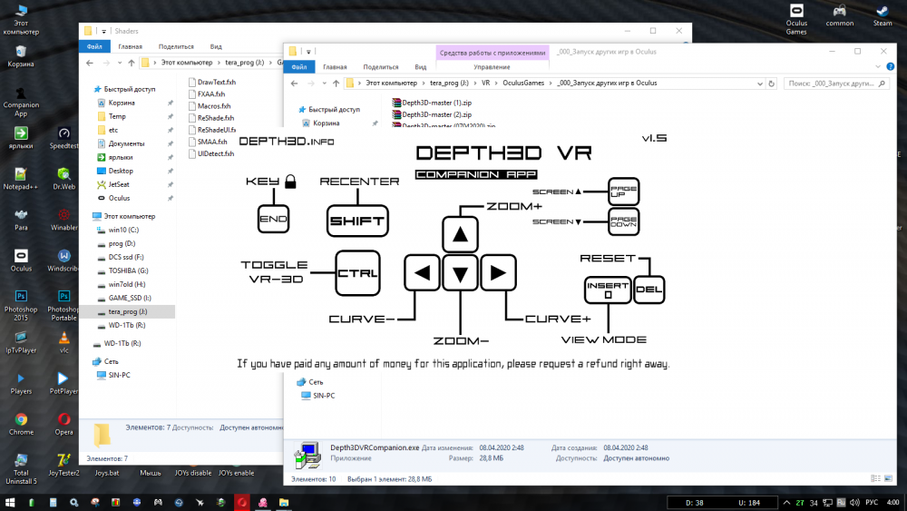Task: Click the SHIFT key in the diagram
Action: point(356,221)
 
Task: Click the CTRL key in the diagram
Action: point(357,273)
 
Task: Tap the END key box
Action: point(272,219)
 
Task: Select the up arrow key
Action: point(460,234)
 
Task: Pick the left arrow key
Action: point(422,272)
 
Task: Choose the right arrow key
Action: point(498,272)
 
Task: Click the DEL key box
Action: point(649,290)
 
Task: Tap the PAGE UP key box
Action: point(624,192)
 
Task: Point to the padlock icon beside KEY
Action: point(290,182)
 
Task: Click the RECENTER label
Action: point(359,182)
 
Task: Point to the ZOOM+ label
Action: point(514,206)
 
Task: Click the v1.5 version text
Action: point(654,139)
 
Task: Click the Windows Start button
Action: point(10,502)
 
